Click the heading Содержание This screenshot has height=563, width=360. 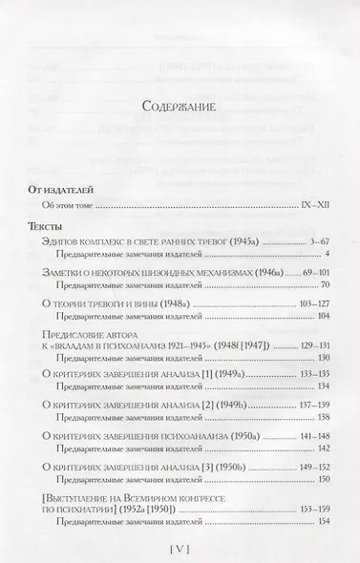pyautogui.click(x=180, y=104)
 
